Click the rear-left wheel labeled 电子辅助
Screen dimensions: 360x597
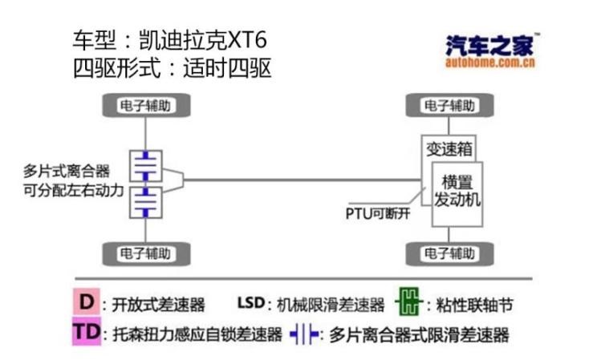pyautogui.click(x=145, y=105)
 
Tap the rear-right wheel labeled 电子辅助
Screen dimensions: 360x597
pyautogui.click(x=145, y=254)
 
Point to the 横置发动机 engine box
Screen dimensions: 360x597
pyautogui.click(x=457, y=190)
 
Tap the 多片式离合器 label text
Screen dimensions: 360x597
pyautogui.click(x=67, y=171)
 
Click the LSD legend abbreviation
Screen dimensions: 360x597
pyautogui.click(x=250, y=303)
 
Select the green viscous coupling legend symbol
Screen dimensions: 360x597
pyautogui.click(x=408, y=303)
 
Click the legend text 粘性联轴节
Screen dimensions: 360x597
pyautogui.click(x=475, y=305)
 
